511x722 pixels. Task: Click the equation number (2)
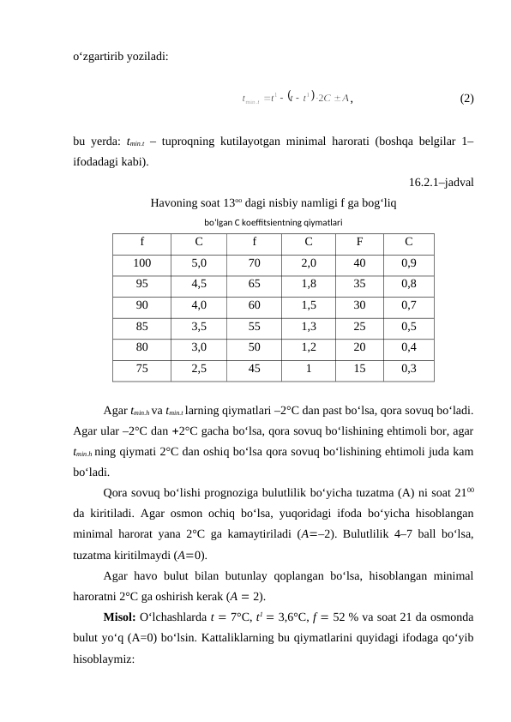point(466,99)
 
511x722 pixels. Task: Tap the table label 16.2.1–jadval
point(442,182)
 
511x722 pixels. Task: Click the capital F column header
point(360,242)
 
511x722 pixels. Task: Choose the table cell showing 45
point(255,369)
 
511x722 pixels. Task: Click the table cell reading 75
point(142,369)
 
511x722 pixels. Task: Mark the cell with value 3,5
point(198,327)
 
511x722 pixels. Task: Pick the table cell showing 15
point(360,369)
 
